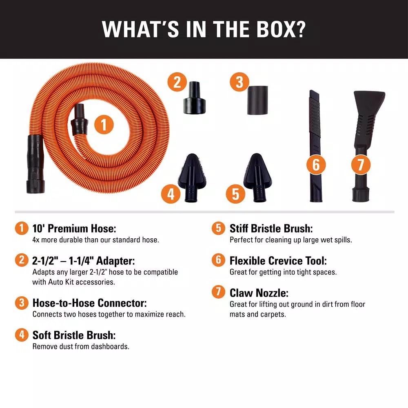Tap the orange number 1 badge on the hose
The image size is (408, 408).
tap(104, 124)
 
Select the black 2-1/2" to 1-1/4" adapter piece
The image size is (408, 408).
tap(195, 98)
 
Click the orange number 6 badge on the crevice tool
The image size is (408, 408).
tap(316, 165)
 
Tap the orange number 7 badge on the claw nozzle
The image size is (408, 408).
tap(361, 165)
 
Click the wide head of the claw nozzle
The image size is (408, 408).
tap(369, 100)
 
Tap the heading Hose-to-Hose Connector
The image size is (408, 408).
tap(89, 303)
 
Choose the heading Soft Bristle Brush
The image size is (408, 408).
tap(74, 335)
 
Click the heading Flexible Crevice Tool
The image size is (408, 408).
tap(278, 261)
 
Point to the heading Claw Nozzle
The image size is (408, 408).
tap(259, 293)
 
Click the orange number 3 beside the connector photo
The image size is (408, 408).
tap(239, 82)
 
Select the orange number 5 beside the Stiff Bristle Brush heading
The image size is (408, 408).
tap(218, 228)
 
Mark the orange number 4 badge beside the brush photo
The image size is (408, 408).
tap(171, 194)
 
